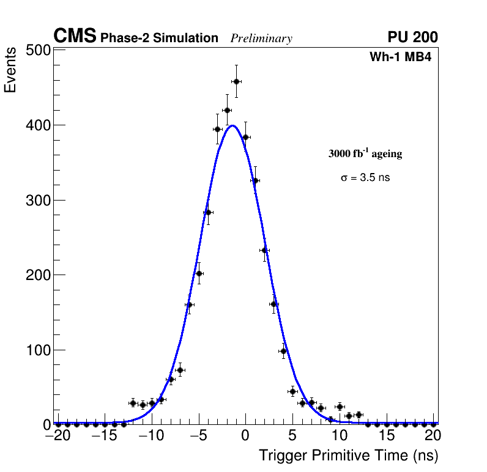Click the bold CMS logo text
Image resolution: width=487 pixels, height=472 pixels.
click(x=75, y=37)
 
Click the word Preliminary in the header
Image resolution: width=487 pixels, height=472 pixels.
click(x=261, y=39)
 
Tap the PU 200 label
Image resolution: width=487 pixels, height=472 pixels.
click(x=412, y=37)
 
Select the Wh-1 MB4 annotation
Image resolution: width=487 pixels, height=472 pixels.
click(x=401, y=57)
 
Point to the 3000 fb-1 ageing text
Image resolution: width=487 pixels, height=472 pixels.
click(x=365, y=153)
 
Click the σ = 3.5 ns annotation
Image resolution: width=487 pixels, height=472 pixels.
click(x=365, y=178)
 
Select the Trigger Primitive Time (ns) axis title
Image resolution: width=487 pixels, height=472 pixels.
click(x=348, y=455)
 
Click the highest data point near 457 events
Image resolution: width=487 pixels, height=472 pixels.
click(x=236, y=81)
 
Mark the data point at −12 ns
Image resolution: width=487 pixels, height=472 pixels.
click(x=133, y=403)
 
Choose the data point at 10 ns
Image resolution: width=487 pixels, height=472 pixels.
click(x=340, y=407)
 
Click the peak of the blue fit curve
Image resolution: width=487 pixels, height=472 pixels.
click(x=232, y=125)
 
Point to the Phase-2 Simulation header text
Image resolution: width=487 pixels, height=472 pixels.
click(x=159, y=38)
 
